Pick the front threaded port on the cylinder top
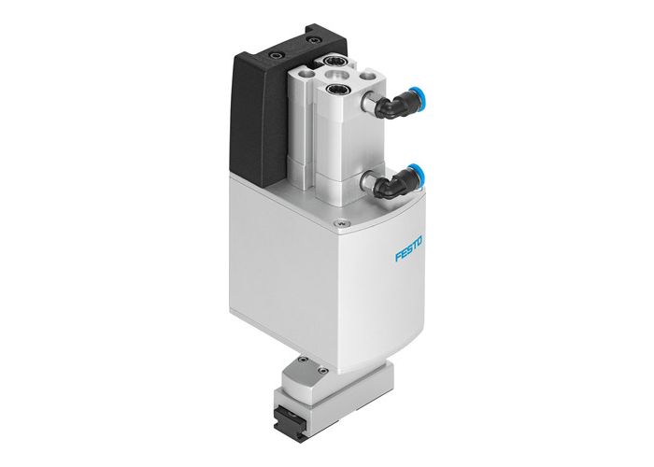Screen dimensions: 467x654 coord(337,92)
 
